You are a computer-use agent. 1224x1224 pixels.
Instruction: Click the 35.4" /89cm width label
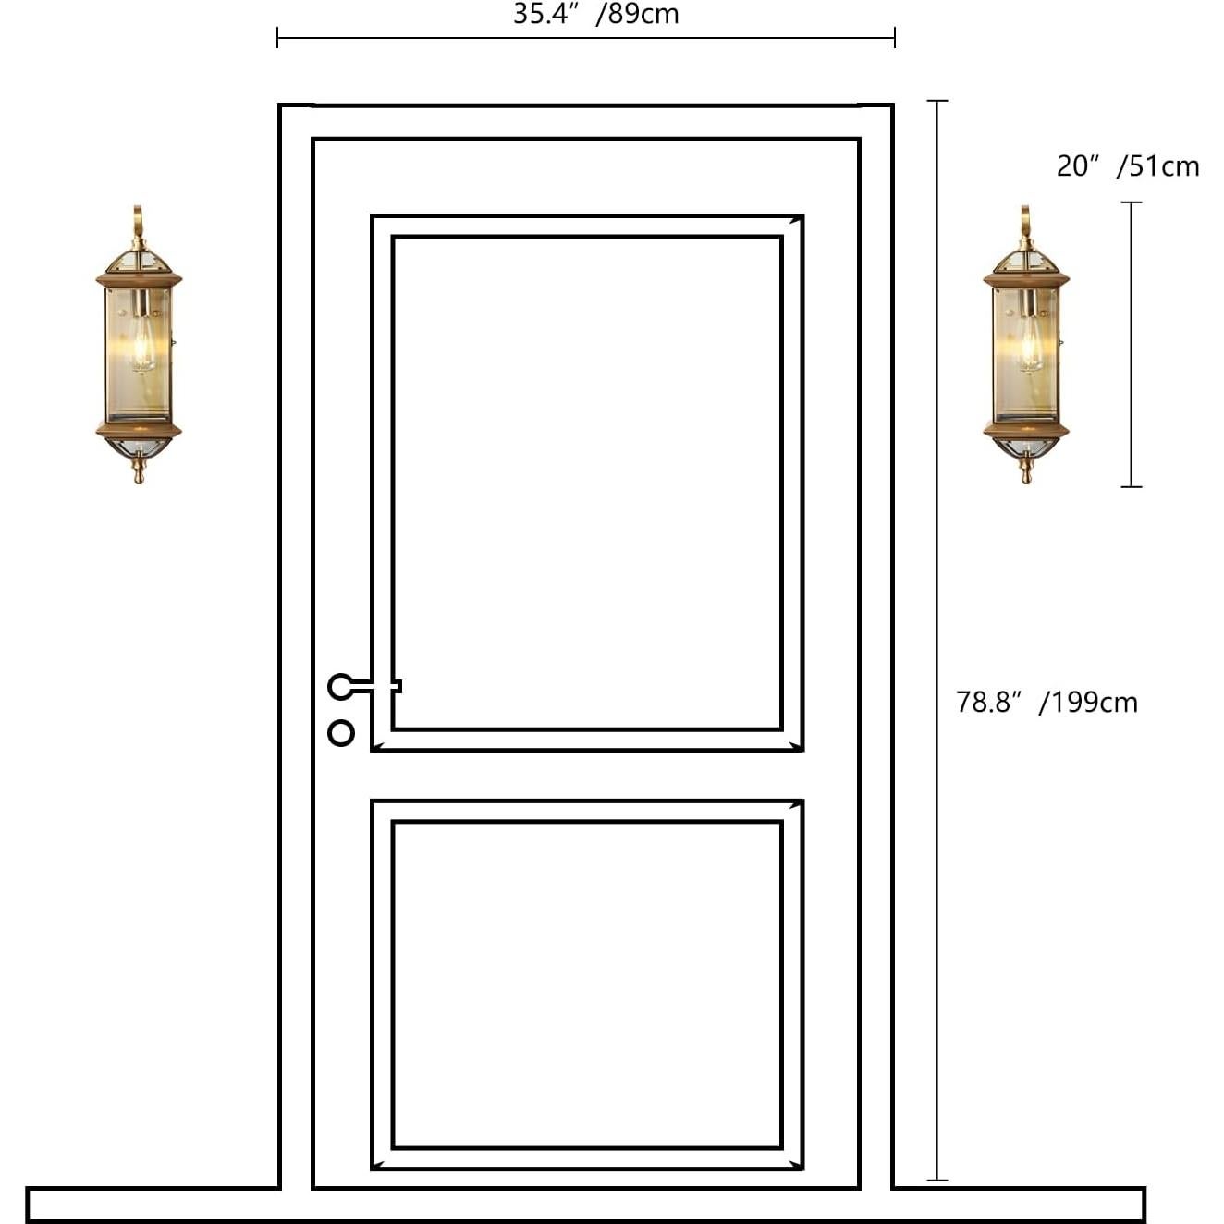[596, 14]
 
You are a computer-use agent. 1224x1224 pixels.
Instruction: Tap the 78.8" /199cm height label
[1047, 703]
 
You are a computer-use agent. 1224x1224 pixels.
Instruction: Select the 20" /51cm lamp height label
[1128, 166]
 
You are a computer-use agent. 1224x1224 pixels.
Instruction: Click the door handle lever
[366, 686]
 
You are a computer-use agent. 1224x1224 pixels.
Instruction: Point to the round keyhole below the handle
[341, 733]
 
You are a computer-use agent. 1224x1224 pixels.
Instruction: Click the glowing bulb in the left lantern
[142, 347]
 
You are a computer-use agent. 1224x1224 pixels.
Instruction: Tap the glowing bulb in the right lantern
[1030, 347]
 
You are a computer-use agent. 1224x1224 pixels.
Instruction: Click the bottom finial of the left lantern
[139, 471]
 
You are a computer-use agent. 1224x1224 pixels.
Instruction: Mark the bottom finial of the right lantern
[1026, 471]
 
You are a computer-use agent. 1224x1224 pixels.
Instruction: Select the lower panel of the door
[587, 985]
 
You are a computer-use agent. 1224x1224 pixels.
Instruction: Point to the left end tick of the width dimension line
[277, 38]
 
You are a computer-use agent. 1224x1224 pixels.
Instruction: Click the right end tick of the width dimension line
[895, 38]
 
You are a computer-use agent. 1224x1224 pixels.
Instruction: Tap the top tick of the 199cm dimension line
[937, 100]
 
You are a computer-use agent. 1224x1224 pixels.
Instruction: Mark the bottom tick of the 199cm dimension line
[937, 1180]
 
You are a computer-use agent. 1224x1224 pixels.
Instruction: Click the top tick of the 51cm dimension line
[1132, 202]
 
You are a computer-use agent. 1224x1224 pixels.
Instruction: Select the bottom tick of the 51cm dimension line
[1132, 486]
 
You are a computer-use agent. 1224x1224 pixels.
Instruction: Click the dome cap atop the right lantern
[1026, 259]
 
